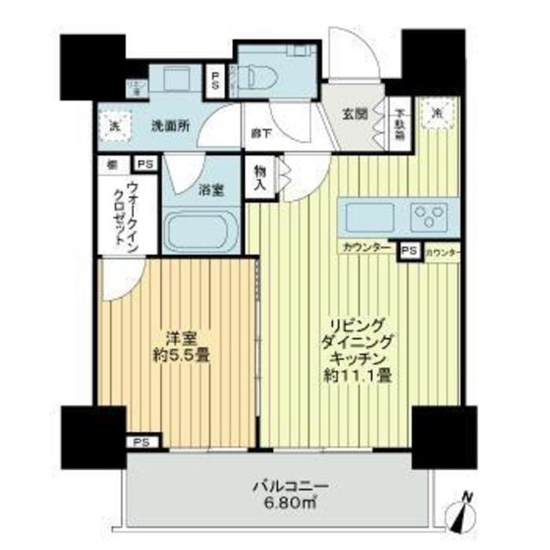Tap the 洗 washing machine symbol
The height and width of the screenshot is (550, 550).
[x=115, y=125]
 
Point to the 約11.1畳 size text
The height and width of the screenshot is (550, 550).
[x=358, y=375]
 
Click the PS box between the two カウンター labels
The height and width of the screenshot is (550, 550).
[x=410, y=250]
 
